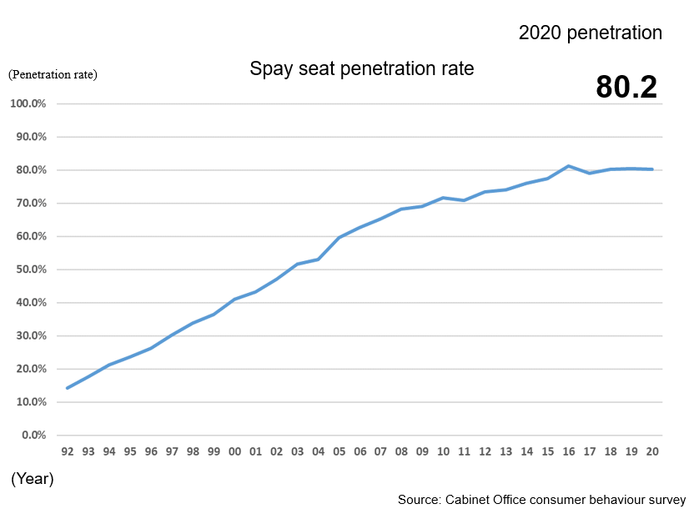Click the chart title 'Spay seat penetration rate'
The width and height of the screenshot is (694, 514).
tap(361, 68)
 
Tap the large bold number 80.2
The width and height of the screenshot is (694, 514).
tap(626, 88)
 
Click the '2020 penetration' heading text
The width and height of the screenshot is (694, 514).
tap(590, 33)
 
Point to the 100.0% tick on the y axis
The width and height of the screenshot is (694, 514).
tap(28, 104)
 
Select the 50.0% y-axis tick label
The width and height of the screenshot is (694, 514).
tap(30, 270)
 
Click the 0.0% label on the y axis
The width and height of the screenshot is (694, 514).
tap(33, 435)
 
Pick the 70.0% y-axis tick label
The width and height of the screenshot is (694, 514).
tap(30, 204)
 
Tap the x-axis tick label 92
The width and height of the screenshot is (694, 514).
tap(68, 451)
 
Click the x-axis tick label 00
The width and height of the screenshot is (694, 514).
tap(234, 451)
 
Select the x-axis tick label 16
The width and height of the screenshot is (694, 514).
tap(568, 451)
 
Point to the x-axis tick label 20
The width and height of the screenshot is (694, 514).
tap(651, 451)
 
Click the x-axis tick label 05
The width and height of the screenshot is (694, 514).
tap(339, 451)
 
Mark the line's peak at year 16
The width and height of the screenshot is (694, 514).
tap(568, 166)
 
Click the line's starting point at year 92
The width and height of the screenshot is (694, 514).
tap(68, 388)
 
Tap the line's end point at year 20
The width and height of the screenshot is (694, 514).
tap(651, 169)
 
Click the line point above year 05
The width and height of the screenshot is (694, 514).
tap(339, 238)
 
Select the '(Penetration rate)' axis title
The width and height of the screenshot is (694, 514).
tap(53, 74)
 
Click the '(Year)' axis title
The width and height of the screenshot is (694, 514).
tap(32, 479)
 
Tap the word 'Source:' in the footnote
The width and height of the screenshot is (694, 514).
tap(418, 500)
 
